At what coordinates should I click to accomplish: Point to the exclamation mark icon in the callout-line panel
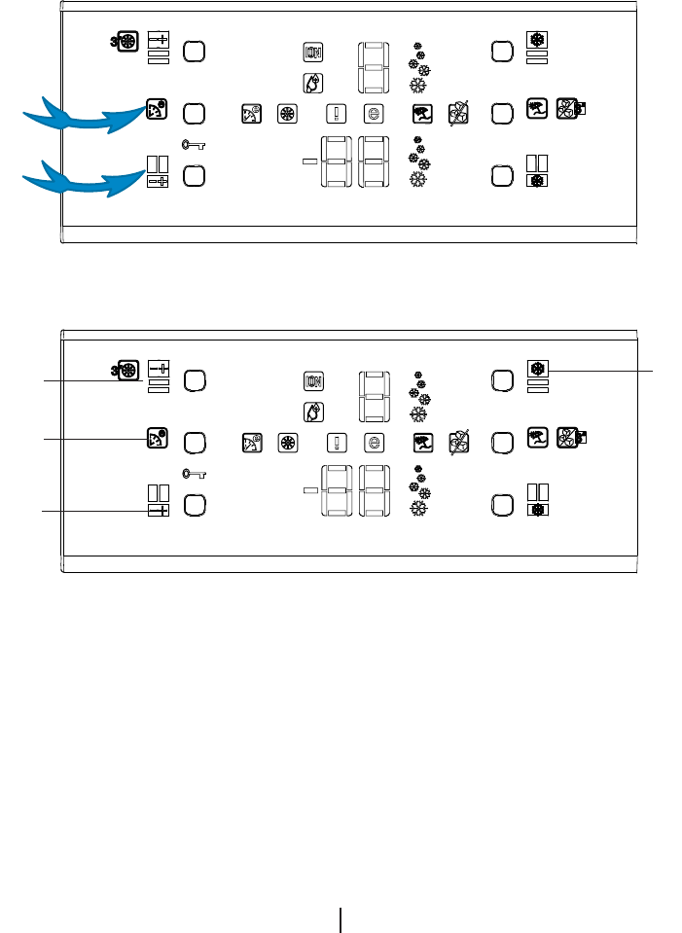click(337, 442)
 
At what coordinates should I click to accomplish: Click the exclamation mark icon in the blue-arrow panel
click(337, 113)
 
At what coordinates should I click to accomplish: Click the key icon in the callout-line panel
click(194, 474)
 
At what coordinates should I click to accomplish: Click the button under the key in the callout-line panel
click(194, 506)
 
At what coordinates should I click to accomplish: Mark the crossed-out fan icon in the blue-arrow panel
click(457, 114)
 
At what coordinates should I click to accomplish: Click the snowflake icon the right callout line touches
click(536, 369)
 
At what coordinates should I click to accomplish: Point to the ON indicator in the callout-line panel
click(313, 380)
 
